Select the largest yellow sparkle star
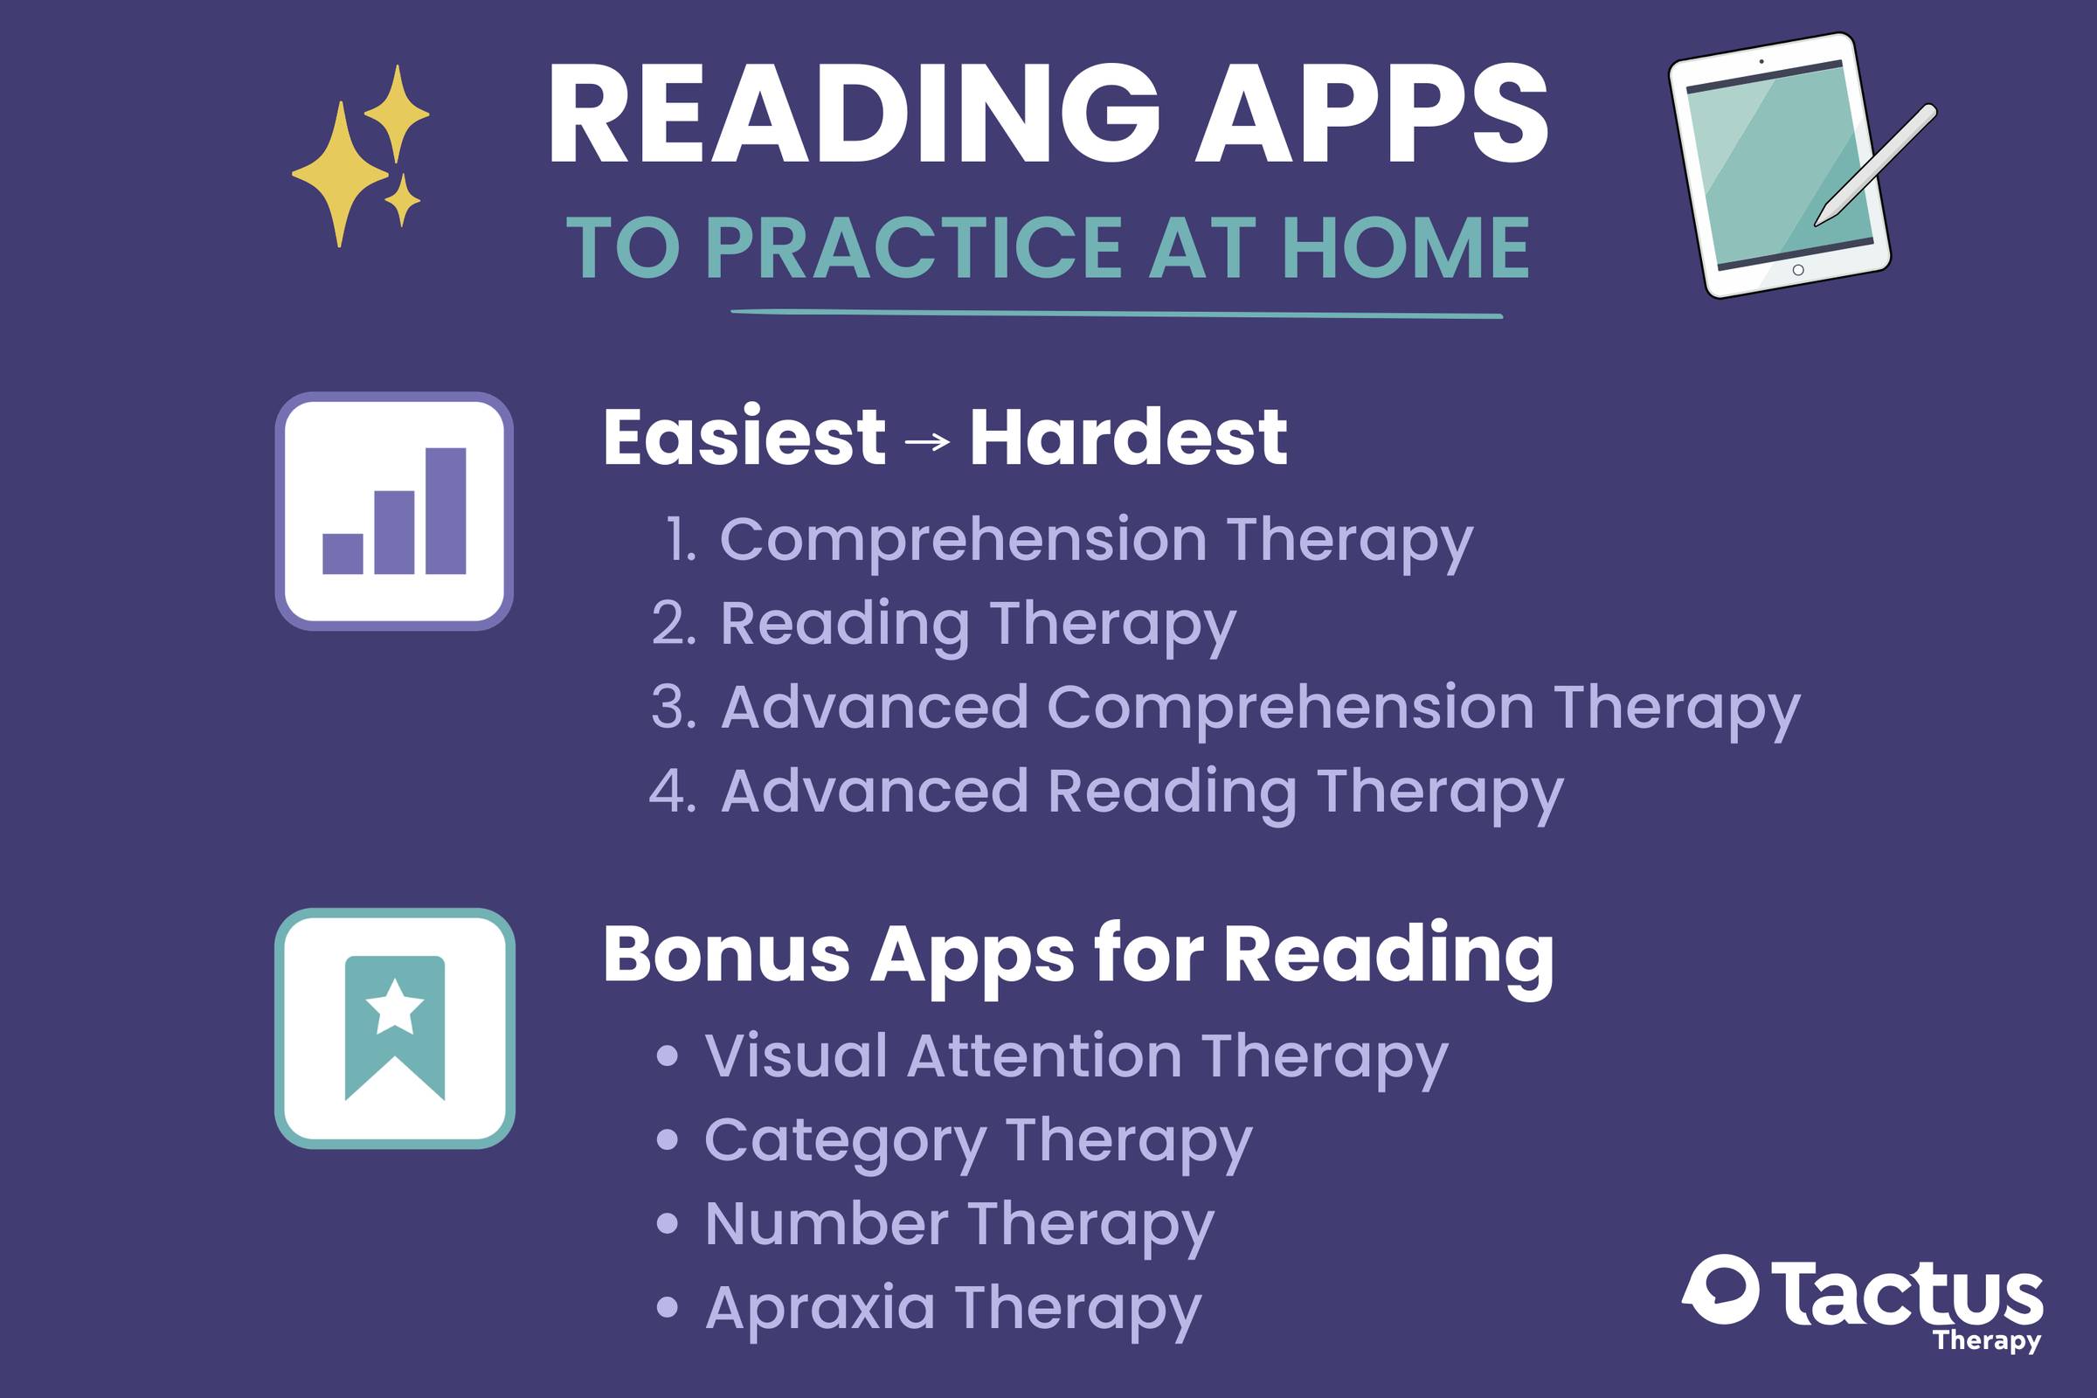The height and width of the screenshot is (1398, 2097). point(340,173)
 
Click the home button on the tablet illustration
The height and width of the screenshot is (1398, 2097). point(1798,270)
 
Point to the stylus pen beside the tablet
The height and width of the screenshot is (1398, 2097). point(1876,165)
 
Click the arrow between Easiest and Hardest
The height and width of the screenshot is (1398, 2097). point(927,440)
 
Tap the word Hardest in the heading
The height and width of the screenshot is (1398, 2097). point(1128,437)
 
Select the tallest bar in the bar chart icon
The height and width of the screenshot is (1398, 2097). point(446,511)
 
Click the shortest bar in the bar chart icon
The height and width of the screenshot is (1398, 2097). point(343,554)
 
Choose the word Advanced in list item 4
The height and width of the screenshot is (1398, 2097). point(874,791)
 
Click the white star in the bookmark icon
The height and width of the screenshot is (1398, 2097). point(394,1007)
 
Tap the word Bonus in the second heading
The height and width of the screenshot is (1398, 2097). point(726,955)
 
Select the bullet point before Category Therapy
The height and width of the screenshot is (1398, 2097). point(667,1140)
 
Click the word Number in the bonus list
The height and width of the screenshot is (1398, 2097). point(826,1224)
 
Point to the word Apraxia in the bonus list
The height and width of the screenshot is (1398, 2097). point(820,1308)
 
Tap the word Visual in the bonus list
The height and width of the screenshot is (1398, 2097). point(795,1056)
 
